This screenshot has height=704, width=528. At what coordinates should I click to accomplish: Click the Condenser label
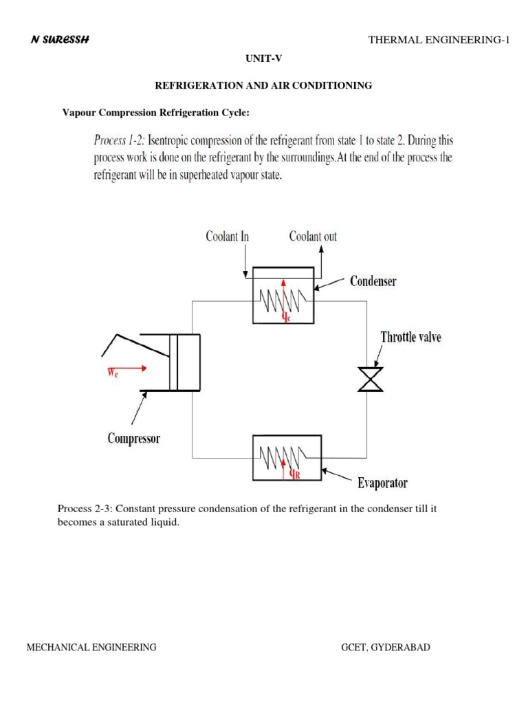click(x=373, y=280)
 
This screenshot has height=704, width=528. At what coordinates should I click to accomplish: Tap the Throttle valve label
click(x=411, y=337)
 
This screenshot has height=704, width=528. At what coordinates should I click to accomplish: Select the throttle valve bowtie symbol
click(x=371, y=379)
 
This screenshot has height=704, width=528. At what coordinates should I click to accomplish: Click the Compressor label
click(x=133, y=438)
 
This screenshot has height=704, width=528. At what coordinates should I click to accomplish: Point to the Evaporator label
click(x=382, y=483)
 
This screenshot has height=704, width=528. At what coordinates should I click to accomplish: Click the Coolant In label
click(x=227, y=236)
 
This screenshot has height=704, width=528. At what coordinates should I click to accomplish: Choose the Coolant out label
click(x=313, y=236)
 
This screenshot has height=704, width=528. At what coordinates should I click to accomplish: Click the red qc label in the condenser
click(x=287, y=318)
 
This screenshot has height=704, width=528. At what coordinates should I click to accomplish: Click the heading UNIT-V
click(x=264, y=60)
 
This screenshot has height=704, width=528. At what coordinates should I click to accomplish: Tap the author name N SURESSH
click(x=60, y=39)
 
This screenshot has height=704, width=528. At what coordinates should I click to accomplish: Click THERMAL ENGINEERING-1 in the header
click(x=439, y=40)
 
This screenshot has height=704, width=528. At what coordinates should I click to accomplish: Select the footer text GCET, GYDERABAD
click(x=386, y=647)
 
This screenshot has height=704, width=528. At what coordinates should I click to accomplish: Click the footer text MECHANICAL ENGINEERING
click(x=91, y=647)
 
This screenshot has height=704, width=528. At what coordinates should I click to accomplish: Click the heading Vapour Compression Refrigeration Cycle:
click(x=151, y=112)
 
